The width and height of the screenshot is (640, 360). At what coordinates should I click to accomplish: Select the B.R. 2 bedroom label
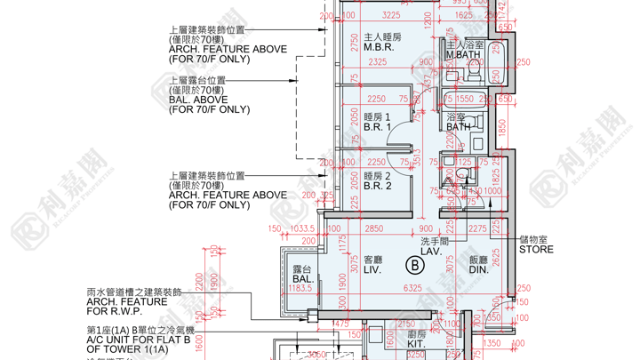378,186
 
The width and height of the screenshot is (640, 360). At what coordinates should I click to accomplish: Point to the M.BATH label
463,55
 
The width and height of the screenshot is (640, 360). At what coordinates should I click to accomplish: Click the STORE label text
536,250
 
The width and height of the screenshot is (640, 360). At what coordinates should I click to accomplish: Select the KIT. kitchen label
416,344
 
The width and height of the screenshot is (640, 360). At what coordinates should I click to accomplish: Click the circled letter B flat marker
413,265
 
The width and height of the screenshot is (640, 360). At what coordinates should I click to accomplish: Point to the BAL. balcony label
304,279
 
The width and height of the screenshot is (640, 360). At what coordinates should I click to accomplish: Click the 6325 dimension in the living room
412,288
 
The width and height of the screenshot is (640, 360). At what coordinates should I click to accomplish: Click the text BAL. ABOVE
198,100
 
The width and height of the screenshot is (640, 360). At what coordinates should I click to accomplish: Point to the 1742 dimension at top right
503,12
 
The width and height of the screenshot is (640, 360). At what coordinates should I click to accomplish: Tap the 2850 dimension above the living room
374,229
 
